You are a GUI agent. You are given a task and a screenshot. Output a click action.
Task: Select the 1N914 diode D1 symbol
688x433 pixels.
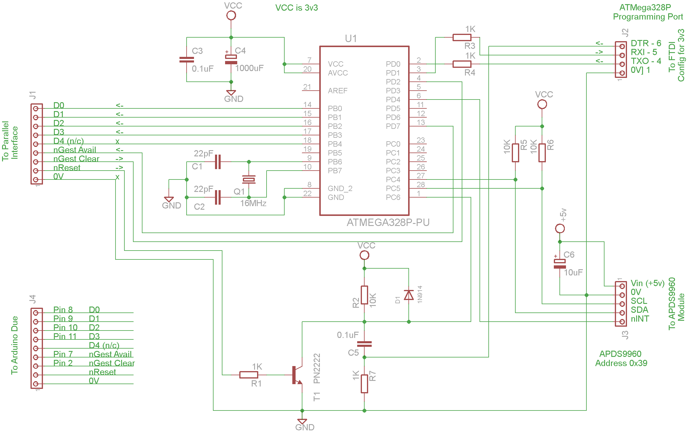tap(409, 295)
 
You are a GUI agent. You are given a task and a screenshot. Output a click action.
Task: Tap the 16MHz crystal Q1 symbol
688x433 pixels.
tap(249, 179)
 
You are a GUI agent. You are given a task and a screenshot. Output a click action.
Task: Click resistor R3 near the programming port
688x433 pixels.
tap(462, 38)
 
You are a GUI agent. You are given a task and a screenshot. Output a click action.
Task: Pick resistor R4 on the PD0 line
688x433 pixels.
tap(462, 64)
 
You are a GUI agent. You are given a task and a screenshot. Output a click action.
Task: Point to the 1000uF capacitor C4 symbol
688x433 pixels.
tap(231, 60)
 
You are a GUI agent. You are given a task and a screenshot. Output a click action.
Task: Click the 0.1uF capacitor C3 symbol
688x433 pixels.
tap(187, 60)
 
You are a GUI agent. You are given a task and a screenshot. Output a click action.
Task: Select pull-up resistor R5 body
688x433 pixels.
tap(515, 153)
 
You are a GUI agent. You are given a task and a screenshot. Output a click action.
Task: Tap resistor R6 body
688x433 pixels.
tap(542, 153)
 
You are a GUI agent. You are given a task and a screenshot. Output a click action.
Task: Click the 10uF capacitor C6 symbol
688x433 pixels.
tap(560, 264)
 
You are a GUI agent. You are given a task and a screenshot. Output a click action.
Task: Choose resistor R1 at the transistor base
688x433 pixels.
tap(248, 375)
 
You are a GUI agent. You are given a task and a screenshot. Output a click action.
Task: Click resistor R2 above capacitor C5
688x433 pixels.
tap(364, 295)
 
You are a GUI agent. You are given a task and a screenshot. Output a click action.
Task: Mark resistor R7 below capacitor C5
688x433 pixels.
tap(364, 384)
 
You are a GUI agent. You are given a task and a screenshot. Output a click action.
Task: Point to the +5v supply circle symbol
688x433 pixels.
tap(560, 229)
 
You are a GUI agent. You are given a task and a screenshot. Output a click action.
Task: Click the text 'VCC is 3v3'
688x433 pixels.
tap(296, 8)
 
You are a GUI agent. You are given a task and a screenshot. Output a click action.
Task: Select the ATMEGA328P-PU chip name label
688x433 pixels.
tap(388, 222)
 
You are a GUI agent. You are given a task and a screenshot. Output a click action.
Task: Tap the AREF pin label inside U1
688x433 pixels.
tap(338, 91)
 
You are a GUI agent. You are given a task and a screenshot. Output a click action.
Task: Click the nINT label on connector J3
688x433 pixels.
tap(640, 319)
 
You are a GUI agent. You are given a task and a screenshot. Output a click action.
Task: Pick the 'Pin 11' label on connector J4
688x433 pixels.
tap(65, 336)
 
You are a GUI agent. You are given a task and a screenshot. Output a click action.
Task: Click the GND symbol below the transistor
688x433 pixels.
tap(302, 421)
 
